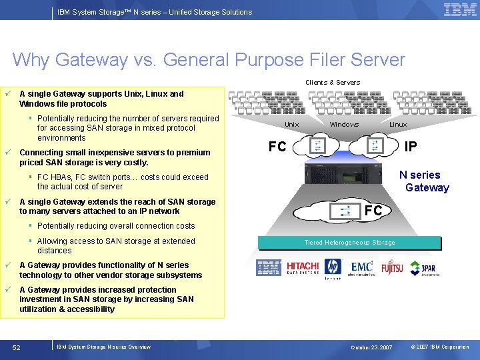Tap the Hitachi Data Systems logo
pos(303,268)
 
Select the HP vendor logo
pos(333,268)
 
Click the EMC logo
pos(362,268)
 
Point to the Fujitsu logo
pos(392,269)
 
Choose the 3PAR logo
pos(423,269)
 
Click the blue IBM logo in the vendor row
pos(269,268)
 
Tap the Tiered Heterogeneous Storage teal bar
pos(349,243)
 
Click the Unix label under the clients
pos(292,125)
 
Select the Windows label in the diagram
pos(344,125)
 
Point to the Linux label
pos(398,125)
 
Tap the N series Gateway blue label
pos(423,181)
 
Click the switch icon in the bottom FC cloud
pos(345,211)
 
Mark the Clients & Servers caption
pos(333,83)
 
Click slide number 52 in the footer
pos(17,347)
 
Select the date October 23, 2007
pos(373,347)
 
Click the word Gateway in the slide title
pos(91,60)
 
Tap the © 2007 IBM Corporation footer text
pos(439,347)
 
